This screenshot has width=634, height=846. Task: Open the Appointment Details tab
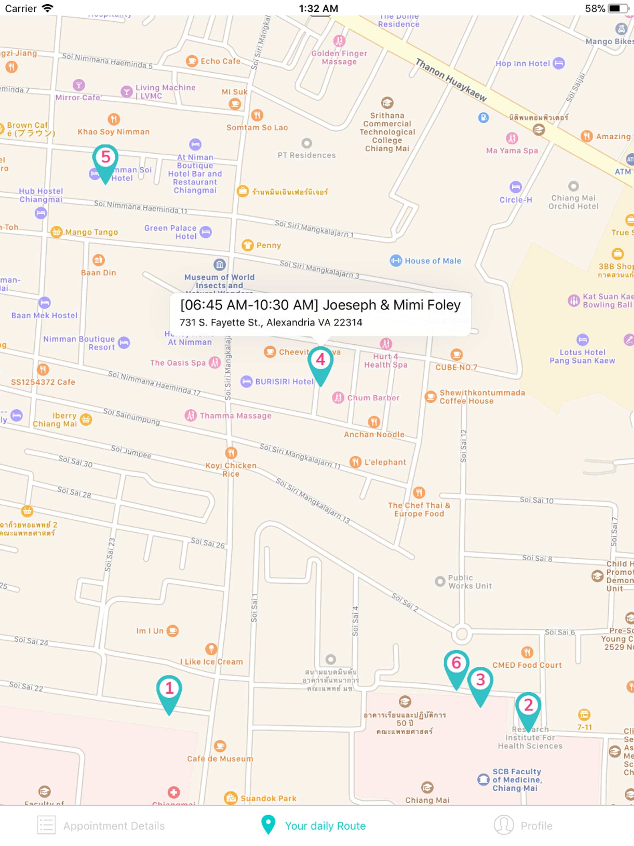[x=101, y=826]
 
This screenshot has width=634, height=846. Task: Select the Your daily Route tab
[x=314, y=826]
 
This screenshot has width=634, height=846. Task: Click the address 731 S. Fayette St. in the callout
[x=271, y=322]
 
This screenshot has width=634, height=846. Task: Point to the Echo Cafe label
[x=220, y=61]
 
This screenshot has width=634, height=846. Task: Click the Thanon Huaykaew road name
[x=451, y=80]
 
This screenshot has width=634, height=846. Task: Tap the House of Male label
[x=432, y=261]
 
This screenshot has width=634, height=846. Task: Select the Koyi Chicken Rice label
[x=231, y=469]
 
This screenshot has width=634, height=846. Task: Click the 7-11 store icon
[x=584, y=714]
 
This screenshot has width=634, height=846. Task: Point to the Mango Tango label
[x=91, y=232]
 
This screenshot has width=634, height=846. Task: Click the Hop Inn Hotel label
[x=522, y=63]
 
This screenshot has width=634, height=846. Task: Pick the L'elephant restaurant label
[x=385, y=462]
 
